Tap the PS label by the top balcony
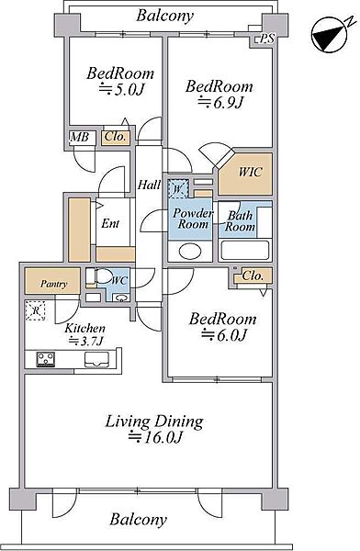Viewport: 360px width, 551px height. [x=267, y=39]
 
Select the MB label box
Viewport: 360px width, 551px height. [x=80, y=137]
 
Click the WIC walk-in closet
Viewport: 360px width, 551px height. [x=245, y=174]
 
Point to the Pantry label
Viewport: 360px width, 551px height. [x=53, y=284]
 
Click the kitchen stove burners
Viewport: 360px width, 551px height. [x=46, y=359]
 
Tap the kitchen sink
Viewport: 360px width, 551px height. [x=96, y=359]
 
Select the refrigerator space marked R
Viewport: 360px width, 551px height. [x=36, y=310]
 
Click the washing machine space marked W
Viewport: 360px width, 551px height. [x=178, y=188]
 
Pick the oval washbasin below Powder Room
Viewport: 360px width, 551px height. [x=190, y=252]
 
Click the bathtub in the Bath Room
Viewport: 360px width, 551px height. [x=245, y=250]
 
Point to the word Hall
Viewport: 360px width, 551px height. [x=149, y=185]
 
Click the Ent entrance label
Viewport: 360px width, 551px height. [x=110, y=223]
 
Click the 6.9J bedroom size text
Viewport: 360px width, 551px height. [x=220, y=103]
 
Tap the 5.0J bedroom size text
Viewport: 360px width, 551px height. [x=122, y=89]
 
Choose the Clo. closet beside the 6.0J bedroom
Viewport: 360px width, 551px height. [x=253, y=275]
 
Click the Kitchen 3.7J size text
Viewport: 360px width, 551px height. [x=85, y=341]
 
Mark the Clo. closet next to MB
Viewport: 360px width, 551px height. [x=116, y=137]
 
